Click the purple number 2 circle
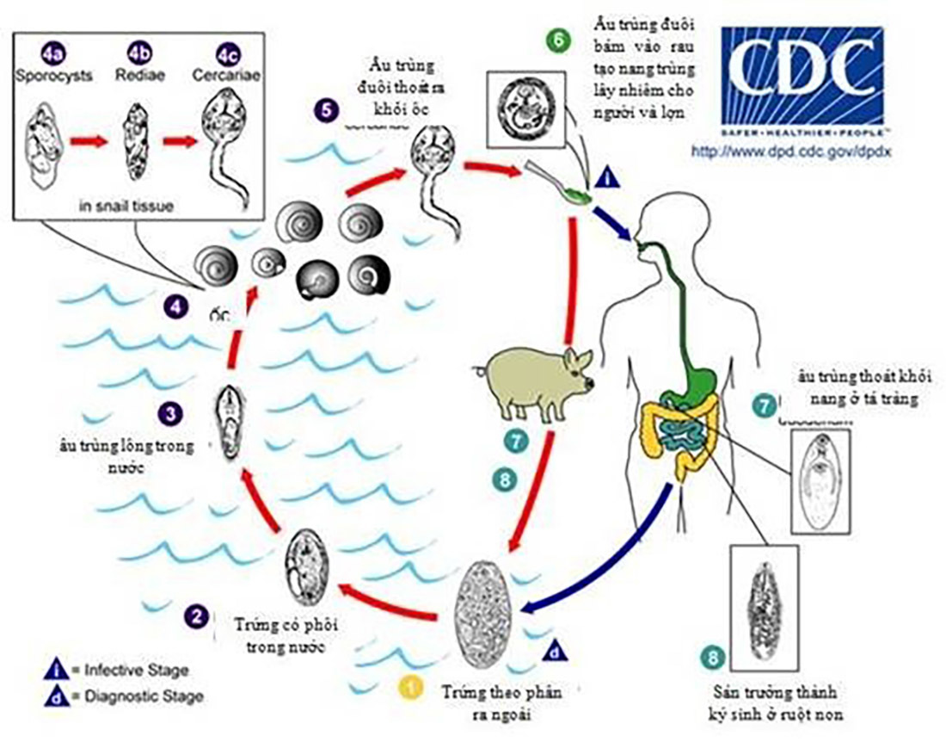pos(199,615)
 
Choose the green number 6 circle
pos(557,40)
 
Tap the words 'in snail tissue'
pos(125,206)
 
